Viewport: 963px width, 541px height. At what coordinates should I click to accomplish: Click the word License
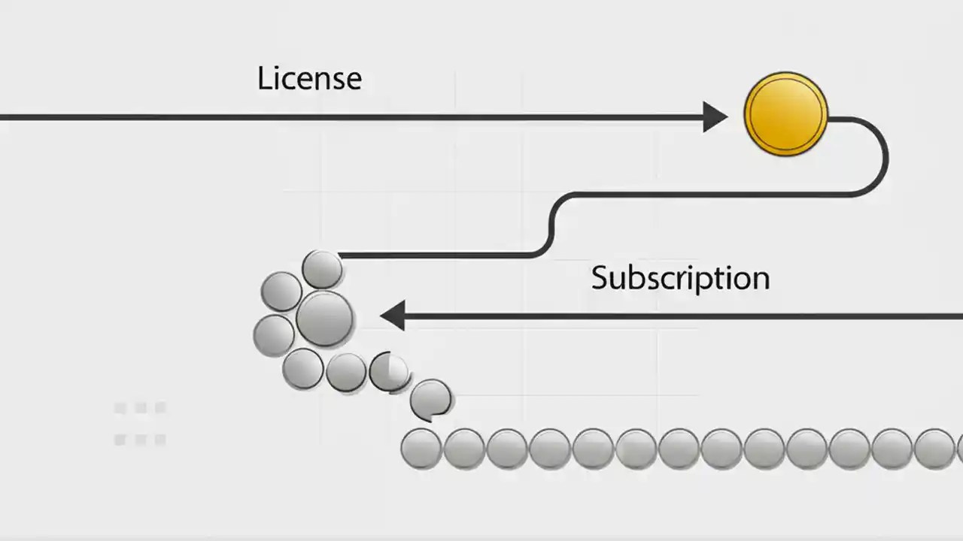[x=309, y=78]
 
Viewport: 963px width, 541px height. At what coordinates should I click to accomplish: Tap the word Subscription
[x=680, y=278]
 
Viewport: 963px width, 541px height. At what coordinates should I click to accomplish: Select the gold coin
[x=785, y=114]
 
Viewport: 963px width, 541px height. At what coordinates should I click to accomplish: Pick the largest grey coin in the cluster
[x=324, y=319]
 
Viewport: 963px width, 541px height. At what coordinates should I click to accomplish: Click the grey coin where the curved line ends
[x=322, y=269]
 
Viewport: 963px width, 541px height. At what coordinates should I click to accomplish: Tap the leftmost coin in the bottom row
[x=421, y=449]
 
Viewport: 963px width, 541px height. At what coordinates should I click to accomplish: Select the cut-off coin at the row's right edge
[x=959, y=449]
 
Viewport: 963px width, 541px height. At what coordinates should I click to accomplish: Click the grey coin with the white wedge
[x=389, y=371]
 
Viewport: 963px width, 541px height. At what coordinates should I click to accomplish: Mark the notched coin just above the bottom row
[x=431, y=399]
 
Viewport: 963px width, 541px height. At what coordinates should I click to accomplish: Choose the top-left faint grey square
[x=120, y=408]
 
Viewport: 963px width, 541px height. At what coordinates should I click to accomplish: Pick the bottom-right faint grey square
[x=159, y=440]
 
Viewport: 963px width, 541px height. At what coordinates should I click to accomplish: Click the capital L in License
[x=264, y=78]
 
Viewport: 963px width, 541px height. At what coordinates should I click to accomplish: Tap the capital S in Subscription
[x=599, y=278]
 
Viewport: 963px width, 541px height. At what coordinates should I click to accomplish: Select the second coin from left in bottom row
[x=463, y=449]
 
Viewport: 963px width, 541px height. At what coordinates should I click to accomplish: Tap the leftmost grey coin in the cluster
[x=273, y=335]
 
